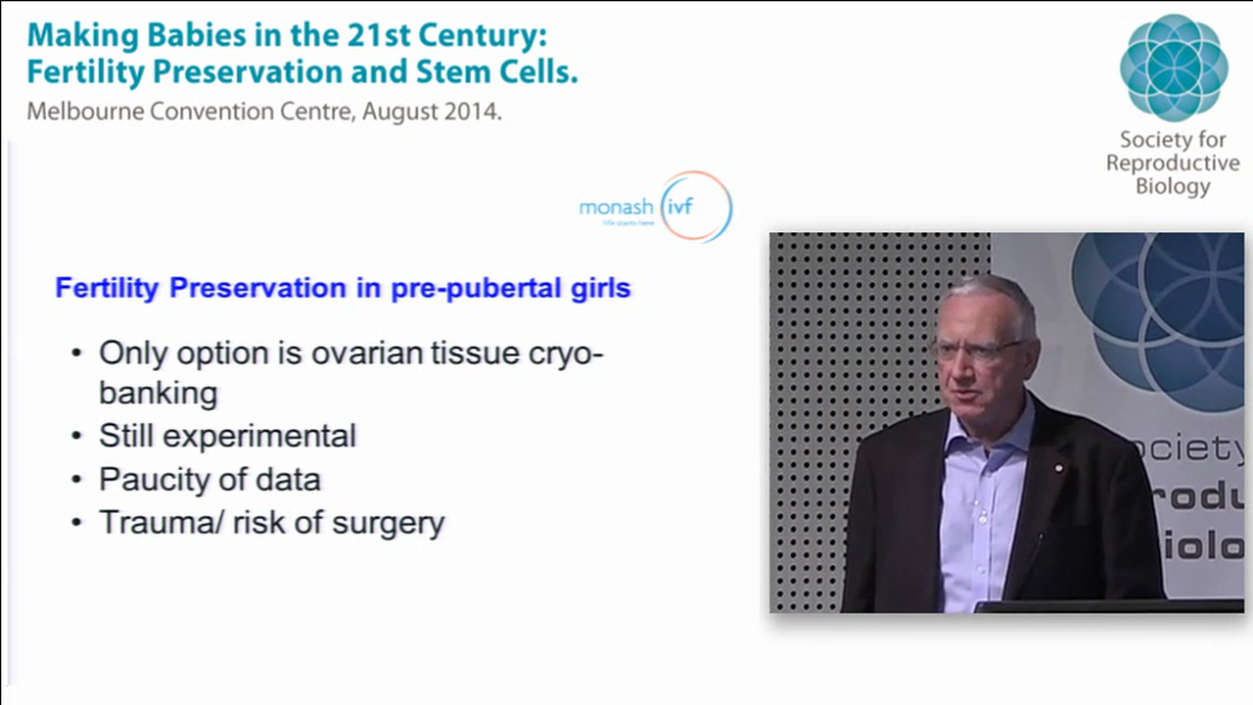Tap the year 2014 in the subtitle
(x=474, y=111)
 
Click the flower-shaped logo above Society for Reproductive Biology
(x=1173, y=67)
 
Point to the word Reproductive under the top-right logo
(x=1173, y=164)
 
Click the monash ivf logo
(x=655, y=207)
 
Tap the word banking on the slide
(x=158, y=394)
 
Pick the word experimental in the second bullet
(x=259, y=436)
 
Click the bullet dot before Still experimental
(x=76, y=437)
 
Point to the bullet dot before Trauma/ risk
(x=76, y=523)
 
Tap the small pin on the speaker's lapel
(x=1057, y=469)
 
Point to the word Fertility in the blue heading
(x=108, y=289)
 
